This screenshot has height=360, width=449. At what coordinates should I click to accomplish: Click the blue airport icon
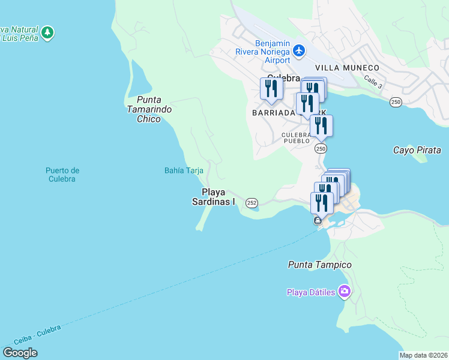[299, 52]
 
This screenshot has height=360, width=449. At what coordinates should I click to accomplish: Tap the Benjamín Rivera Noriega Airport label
[273, 52]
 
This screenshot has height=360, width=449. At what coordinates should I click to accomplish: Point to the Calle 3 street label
[372, 85]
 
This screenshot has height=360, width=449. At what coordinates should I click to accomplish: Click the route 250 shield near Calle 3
[396, 103]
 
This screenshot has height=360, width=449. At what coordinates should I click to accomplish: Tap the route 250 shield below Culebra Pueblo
[321, 149]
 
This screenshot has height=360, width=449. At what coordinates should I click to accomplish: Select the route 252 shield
[252, 203]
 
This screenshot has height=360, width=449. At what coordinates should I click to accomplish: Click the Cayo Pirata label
[417, 150]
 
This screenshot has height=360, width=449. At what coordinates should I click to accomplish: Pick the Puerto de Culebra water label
[62, 175]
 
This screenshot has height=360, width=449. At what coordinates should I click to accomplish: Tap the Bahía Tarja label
[184, 170]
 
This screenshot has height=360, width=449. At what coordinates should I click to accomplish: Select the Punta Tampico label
[319, 265]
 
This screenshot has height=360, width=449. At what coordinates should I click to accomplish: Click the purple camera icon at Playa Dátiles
[345, 292]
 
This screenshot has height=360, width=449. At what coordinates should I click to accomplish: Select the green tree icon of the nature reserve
[47, 32]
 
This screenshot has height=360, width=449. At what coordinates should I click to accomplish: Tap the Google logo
[20, 353]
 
